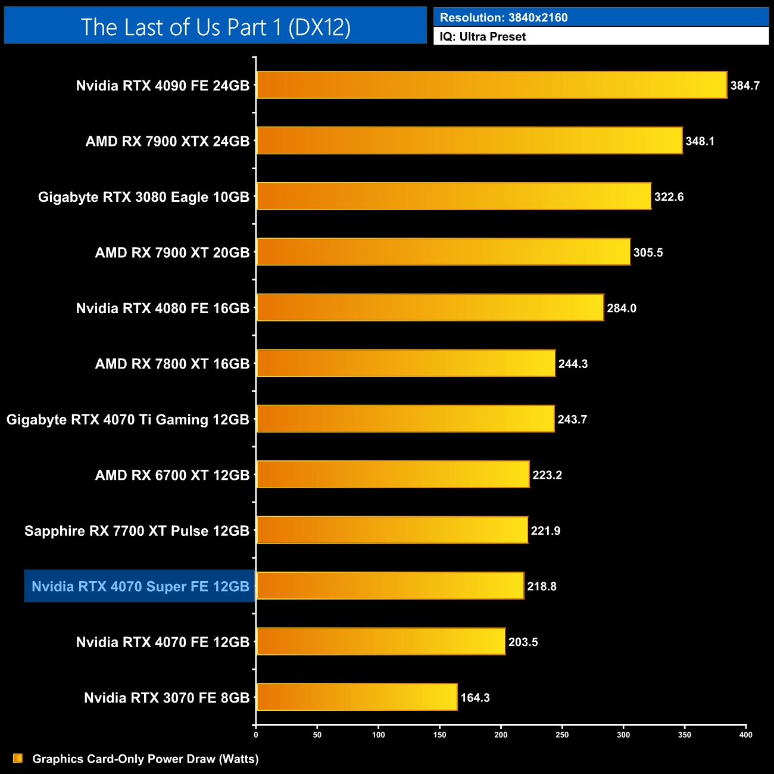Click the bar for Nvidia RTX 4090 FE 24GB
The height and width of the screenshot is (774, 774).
[x=491, y=85]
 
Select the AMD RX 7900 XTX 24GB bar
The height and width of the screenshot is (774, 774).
[x=469, y=141]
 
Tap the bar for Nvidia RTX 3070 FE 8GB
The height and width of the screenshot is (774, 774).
[x=357, y=697]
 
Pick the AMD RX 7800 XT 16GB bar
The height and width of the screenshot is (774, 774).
[x=405, y=364]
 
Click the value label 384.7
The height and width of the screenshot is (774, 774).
[x=745, y=86]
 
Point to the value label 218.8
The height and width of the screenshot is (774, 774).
[x=542, y=586]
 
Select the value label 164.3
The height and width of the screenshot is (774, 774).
[x=475, y=698]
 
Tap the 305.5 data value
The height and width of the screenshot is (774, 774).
[x=648, y=252]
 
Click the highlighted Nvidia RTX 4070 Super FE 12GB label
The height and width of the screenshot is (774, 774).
[x=140, y=586]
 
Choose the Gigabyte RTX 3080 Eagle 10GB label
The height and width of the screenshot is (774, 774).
[x=143, y=197]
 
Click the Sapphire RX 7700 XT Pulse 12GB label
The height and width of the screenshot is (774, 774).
[x=137, y=531]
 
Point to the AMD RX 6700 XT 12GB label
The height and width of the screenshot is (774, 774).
[x=172, y=475]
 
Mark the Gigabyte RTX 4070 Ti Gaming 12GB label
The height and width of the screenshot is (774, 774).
[x=127, y=420]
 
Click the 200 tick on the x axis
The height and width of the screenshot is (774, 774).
[x=501, y=735]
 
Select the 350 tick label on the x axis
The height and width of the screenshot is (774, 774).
[x=685, y=735]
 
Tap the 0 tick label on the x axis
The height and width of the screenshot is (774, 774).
[x=256, y=735]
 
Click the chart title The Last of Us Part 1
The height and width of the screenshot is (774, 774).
[x=216, y=27]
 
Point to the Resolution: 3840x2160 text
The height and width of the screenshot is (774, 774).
[x=504, y=18]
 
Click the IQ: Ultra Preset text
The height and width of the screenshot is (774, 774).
[x=482, y=37]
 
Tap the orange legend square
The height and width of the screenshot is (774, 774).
[x=18, y=759]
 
